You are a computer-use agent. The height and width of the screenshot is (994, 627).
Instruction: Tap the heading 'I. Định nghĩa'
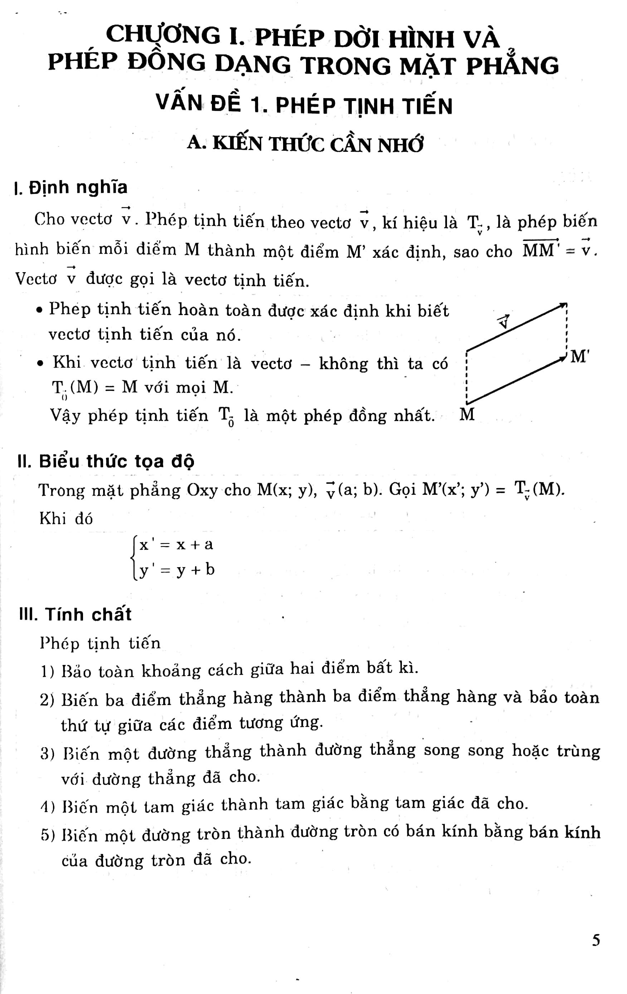tap(71, 187)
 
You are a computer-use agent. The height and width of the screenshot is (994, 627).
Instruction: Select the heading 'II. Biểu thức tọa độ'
tap(106, 461)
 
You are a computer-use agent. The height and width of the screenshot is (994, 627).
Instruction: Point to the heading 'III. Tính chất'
tap(75, 614)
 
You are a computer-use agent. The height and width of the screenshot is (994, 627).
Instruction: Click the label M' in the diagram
tap(579, 356)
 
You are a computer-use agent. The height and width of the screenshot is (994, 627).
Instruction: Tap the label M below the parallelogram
tap(467, 414)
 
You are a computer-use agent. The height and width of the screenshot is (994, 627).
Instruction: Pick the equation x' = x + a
tap(176, 545)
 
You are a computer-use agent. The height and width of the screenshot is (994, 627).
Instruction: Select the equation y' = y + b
tap(176, 570)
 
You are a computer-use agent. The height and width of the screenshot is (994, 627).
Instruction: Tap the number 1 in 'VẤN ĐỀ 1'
tap(257, 105)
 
